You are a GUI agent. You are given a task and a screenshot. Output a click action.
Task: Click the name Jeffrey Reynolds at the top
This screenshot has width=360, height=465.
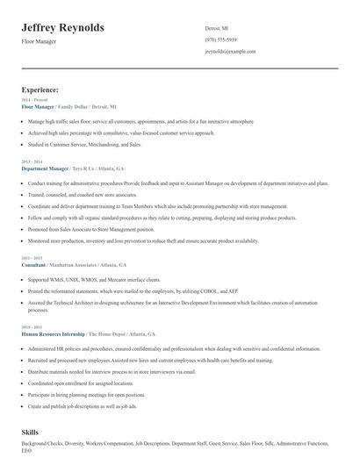(x=63, y=28)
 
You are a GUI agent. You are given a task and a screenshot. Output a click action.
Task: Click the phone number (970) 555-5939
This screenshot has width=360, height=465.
(x=221, y=39)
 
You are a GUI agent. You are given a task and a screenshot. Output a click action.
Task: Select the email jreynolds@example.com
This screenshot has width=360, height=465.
(x=229, y=52)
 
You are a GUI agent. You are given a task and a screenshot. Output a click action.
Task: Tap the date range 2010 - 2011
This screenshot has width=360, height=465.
(x=31, y=327)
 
